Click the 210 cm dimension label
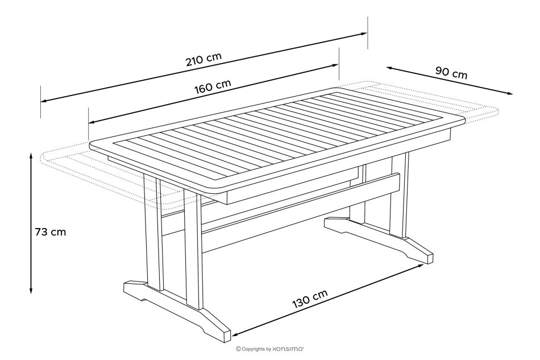point(203,60)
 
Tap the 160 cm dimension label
point(213,87)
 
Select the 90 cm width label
point(451,73)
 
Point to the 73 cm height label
point(50,232)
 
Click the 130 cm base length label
point(310,299)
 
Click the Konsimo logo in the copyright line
point(288,349)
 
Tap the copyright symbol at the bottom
point(238,349)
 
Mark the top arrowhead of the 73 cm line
point(31,156)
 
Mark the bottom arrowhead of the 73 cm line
point(31,291)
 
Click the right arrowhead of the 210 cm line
point(364,34)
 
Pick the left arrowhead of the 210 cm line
point(44,101)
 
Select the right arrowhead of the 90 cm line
point(510,93)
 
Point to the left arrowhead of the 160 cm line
point(92,122)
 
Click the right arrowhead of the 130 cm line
point(421,265)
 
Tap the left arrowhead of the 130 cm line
point(236,334)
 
